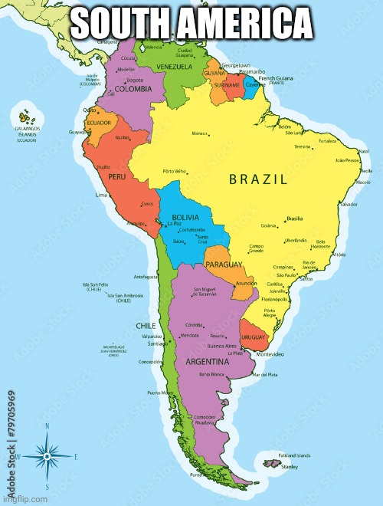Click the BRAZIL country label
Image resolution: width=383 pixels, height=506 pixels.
(258, 179)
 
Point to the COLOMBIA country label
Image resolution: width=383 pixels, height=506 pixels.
(126, 89)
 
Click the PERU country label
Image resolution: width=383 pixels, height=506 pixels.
(116, 176)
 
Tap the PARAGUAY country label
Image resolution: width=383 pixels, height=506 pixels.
(224, 264)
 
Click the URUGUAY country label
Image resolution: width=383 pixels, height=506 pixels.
(253, 337)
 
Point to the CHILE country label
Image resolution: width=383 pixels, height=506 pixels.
(146, 326)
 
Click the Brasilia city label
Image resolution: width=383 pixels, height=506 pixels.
(294, 219)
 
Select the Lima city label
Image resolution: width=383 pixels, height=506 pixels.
(101, 195)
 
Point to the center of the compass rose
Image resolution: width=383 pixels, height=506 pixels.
(47, 456)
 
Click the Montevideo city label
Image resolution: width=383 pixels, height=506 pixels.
(270, 355)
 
